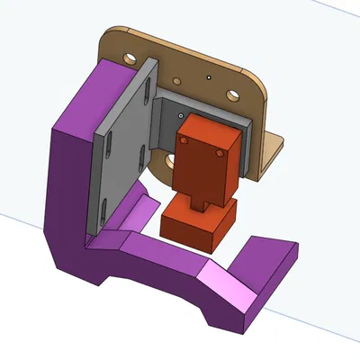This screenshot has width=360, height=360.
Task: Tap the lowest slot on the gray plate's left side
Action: pos(104,211)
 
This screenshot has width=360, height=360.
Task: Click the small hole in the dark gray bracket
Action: pos(180,116)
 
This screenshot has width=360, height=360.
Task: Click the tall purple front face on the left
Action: pos(67,198)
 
